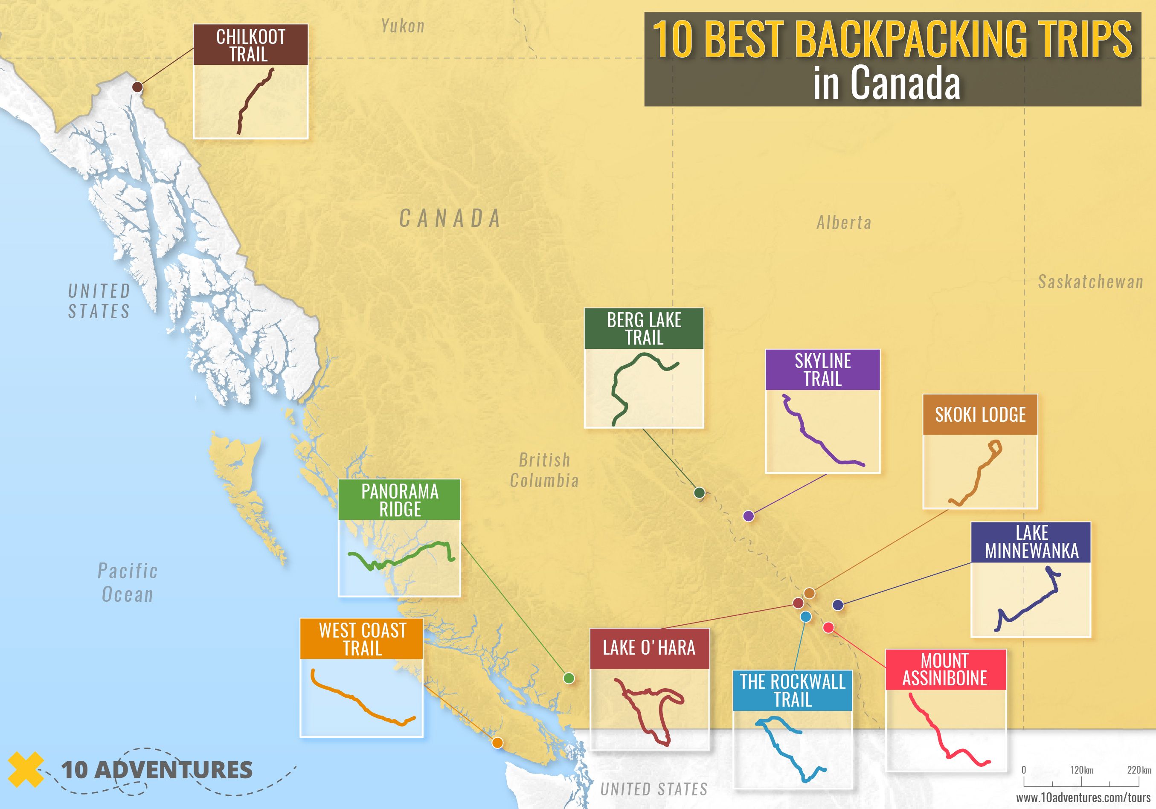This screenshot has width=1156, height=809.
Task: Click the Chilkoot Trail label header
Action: click(x=250, y=45)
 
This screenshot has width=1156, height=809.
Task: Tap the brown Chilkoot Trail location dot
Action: click(x=137, y=87)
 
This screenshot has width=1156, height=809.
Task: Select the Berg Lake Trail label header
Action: click(x=643, y=329)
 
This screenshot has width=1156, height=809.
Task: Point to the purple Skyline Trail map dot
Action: click(x=748, y=516)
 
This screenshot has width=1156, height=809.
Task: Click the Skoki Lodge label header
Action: click(x=980, y=415)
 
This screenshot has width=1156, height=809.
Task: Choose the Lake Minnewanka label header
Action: click(x=1031, y=542)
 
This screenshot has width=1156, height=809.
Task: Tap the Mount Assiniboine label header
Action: click(x=945, y=670)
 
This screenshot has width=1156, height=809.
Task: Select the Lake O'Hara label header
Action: click(x=649, y=648)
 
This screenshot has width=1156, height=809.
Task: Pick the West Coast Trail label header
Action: click(x=361, y=639)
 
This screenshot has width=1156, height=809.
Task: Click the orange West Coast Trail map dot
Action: click(x=497, y=742)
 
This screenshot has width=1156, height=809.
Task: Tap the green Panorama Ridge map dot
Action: click(x=569, y=678)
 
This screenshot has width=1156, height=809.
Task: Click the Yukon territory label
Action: click(x=403, y=26)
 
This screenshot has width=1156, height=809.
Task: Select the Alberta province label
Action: click(x=844, y=223)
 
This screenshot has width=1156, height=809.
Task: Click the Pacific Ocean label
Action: click(x=128, y=583)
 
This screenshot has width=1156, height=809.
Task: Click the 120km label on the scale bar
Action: click(x=1081, y=770)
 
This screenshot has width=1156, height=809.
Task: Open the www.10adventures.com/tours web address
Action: click(x=1083, y=798)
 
